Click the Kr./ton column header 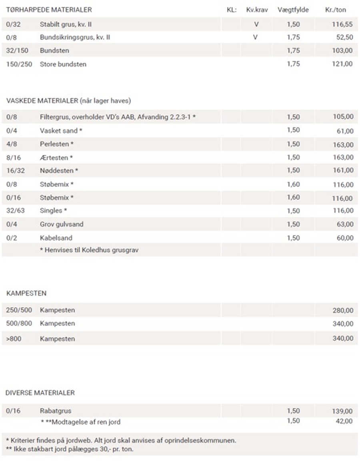click(x=336, y=10)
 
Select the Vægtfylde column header click(x=293, y=10)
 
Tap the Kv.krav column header click(x=257, y=10)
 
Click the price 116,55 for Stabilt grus click(x=342, y=24)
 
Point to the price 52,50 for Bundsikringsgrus click(x=344, y=38)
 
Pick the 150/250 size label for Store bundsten click(x=19, y=64)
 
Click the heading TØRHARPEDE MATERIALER click(x=49, y=10)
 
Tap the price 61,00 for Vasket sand click(x=344, y=131)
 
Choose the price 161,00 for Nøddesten click(x=343, y=171)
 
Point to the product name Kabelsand click(x=56, y=238)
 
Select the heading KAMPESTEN click(x=26, y=293)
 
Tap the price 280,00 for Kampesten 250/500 click(x=343, y=310)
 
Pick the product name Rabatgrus click(x=56, y=411)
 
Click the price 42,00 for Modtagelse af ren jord click(x=344, y=421)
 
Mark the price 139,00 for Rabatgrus click(x=343, y=411)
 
